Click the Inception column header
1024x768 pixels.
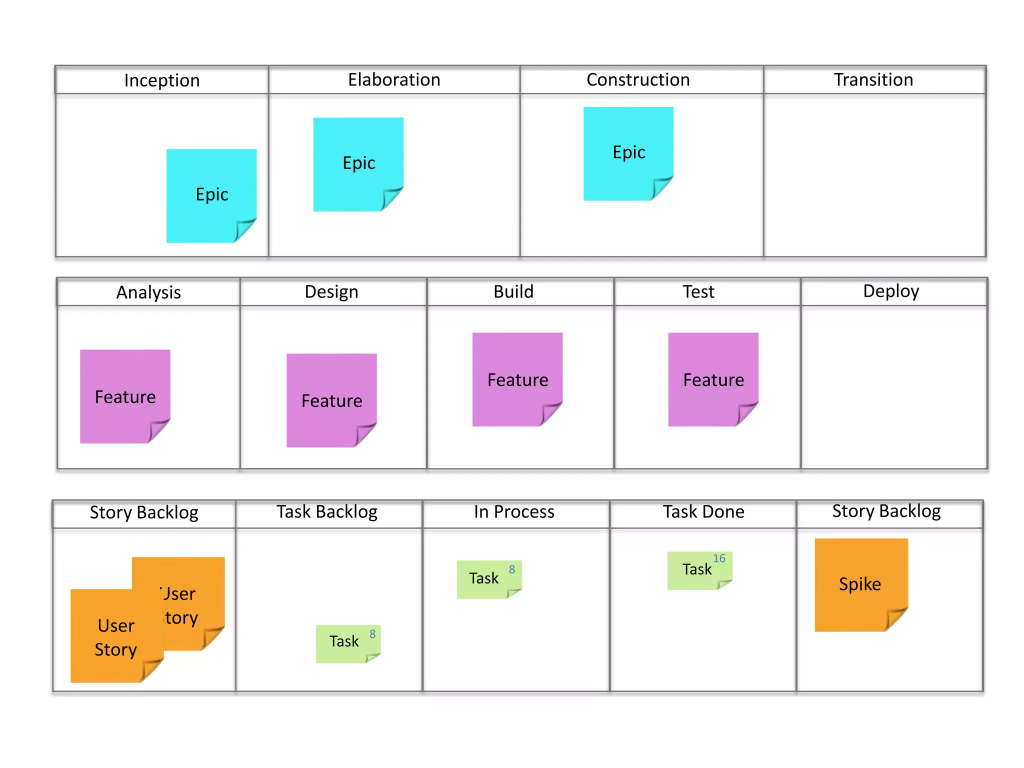pos(161,80)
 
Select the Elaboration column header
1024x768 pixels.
pos(394,80)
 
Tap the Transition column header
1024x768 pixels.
pos(873,80)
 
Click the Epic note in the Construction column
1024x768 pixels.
pos(628,152)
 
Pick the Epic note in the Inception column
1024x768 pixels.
pos(211,195)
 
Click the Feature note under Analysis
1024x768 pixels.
pos(125,396)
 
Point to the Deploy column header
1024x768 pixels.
pos(890,291)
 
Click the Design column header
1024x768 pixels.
pos(331,292)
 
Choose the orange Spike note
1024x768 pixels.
pos(860,583)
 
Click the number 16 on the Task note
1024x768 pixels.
pos(719,558)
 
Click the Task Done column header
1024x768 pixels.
pos(703,512)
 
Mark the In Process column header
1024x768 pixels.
pos(514,512)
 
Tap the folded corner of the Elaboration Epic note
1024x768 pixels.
pos(392,198)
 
